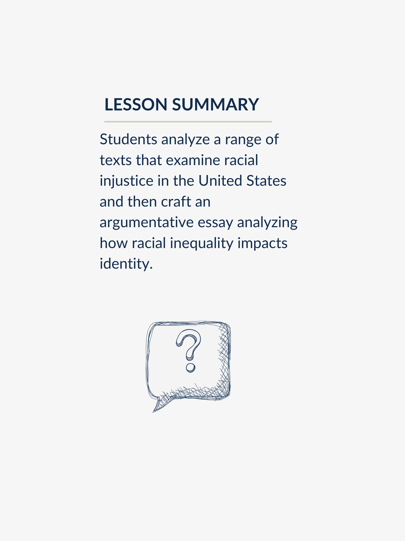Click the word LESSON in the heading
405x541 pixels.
136,104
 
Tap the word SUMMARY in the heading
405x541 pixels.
215,104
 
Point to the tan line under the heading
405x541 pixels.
188,122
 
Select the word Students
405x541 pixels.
128,139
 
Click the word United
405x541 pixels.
220,181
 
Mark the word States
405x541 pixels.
266,181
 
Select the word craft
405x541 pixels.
176,202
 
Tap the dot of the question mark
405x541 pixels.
190,368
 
